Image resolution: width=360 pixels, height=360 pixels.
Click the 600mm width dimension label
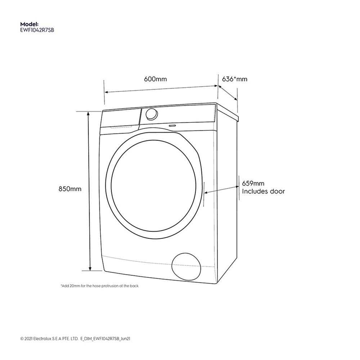156,79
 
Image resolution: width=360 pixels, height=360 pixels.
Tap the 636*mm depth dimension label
235,79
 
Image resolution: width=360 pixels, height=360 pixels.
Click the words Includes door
263,192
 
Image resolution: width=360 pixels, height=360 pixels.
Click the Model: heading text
29,24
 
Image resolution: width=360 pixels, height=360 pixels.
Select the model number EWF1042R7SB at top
37,31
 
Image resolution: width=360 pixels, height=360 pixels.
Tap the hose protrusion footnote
100,286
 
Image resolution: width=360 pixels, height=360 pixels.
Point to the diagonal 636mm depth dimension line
228,93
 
